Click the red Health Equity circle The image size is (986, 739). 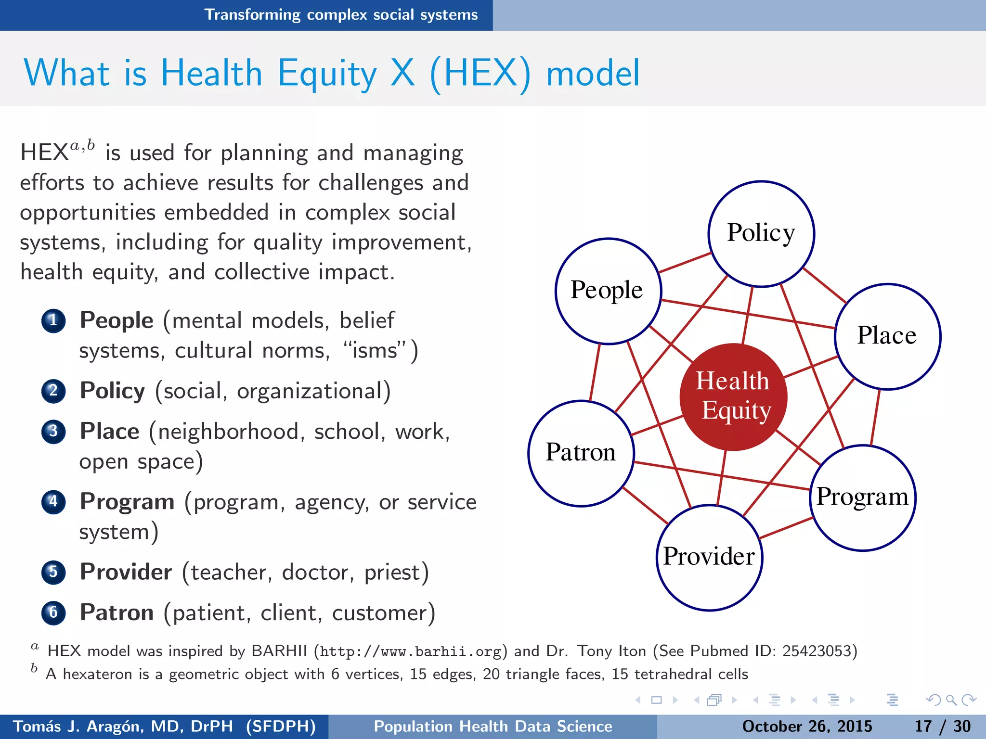coord(733,397)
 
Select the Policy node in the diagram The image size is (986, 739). coord(761,234)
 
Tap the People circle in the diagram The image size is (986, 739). coord(608,291)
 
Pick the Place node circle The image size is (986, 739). coord(887,336)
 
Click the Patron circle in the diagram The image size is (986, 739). coord(581,453)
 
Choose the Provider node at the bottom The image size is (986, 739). coord(709,558)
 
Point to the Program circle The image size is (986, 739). coord(863,497)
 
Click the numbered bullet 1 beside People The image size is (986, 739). coord(53,321)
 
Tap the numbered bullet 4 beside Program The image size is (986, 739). coord(53,502)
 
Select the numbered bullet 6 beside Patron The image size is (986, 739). coord(53,613)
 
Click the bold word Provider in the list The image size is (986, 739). coord(126,572)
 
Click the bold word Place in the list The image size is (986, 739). coord(110,431)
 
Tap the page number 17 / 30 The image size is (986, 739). coord(942,726)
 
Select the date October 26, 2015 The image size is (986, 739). coord(807,726)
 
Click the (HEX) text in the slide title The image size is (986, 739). coord(480,74)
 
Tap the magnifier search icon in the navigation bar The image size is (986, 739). coord(951,700)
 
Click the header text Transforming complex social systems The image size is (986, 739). coord(341,15)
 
